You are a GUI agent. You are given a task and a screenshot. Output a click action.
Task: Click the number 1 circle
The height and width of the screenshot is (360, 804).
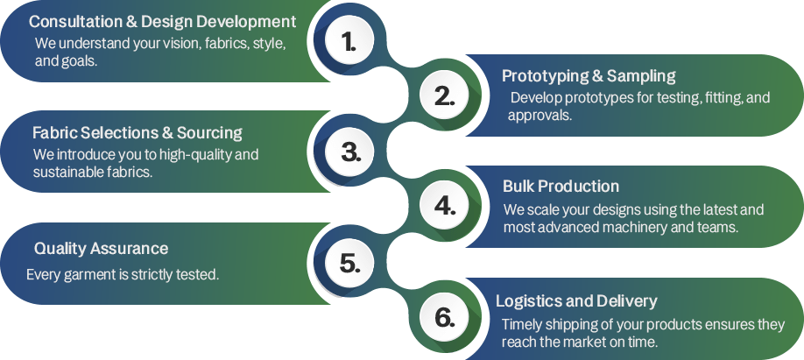(349, 41)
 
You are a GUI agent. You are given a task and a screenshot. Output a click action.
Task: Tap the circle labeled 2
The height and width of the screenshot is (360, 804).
(445, 96)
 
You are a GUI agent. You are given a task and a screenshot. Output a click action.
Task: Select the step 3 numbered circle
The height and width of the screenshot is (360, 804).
(350, 152)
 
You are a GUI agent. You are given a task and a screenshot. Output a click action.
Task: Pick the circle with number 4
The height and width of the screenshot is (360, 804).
(445, 206)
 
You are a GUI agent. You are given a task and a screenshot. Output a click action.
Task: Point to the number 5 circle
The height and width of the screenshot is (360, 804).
(350, 262)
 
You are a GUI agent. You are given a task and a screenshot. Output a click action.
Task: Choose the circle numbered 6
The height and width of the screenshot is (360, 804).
(445, 317)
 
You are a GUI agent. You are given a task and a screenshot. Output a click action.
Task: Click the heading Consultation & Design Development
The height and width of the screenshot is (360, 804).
(162, 21)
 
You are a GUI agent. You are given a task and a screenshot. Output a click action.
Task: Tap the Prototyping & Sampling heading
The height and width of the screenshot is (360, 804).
(588, 76)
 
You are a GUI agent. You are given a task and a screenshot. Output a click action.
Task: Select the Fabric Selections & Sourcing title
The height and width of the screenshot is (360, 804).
(138, 133)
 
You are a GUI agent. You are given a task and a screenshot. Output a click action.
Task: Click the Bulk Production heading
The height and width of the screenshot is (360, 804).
(561, 187)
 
